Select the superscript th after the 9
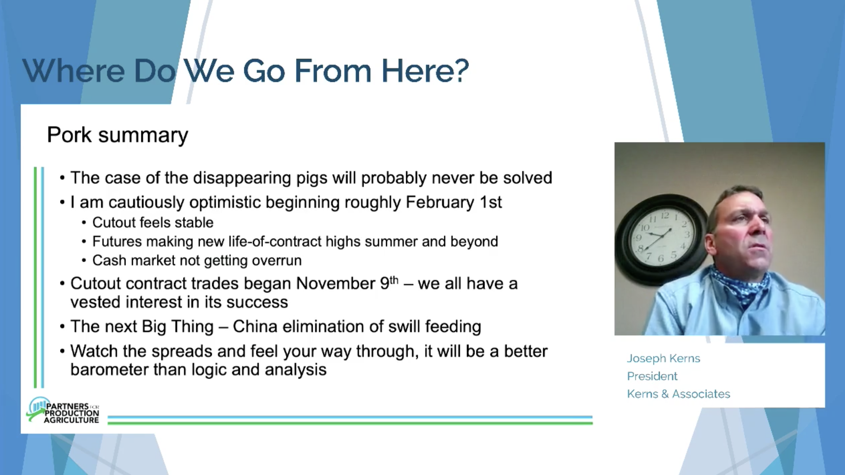pyautogui.click(x=394, y=280)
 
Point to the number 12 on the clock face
pyautogui.click(x=665, y=215)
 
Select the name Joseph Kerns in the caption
pyautogui.click(x=664, y=358)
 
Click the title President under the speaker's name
pyautogui.click(x=652, y=376)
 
